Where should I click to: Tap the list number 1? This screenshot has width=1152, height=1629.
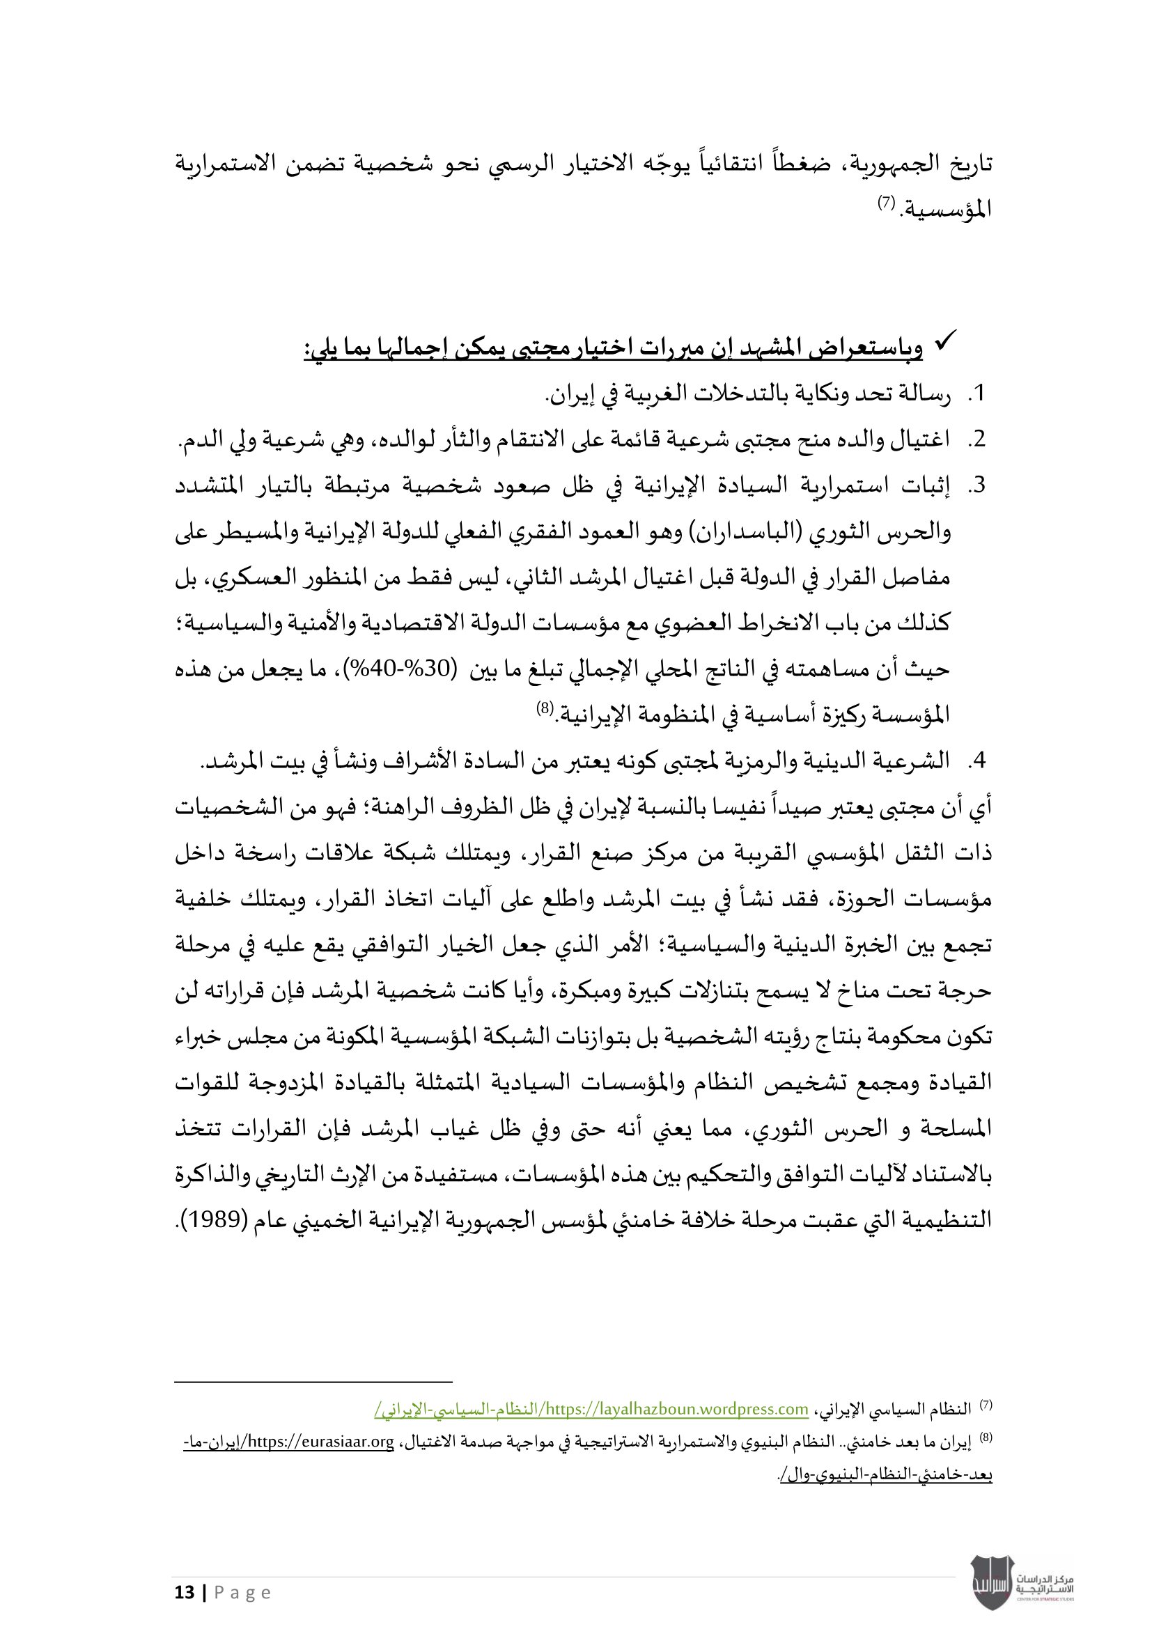[978, 394]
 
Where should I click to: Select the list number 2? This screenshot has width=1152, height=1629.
[978, 440]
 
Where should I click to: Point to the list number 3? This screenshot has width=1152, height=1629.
[978, 485]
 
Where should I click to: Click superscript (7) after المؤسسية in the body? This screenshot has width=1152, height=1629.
[886, 203]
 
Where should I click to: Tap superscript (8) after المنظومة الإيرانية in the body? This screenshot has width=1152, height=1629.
[544, 708]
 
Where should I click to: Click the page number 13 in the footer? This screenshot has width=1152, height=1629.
[185, 1593]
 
